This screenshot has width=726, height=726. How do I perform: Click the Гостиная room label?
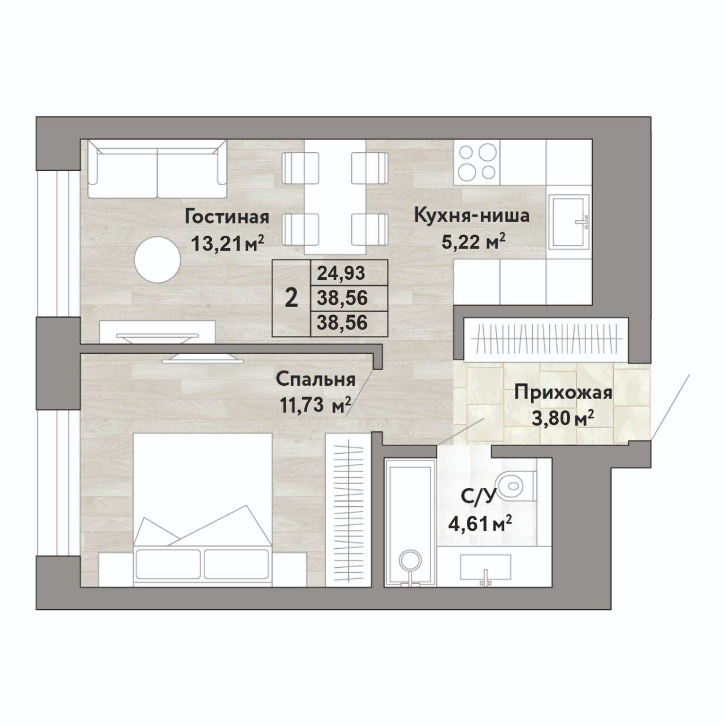pyautogui.click(x=227, y=216)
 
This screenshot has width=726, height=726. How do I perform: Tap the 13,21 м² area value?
pyautogui.click(x=227, y=244)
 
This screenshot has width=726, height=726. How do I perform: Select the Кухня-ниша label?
pyautogui.click(x=471, y=216)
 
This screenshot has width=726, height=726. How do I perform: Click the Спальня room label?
pyautogui.click(x=316, y=379)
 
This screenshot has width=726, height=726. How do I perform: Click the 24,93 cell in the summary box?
pyautogui.click(x=342, y=273)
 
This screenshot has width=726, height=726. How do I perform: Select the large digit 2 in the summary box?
pyautogui.click(x=292, y=299)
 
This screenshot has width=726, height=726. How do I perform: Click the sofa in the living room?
pyautogui.click(x=157, y=169)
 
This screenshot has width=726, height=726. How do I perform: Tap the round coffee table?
pyautogui.click(x=157, y=260)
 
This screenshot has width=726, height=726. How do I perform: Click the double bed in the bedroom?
pyautogui.click(x=203, y=510)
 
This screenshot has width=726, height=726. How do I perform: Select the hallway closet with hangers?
pyautogui.click(x=546, y=339)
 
